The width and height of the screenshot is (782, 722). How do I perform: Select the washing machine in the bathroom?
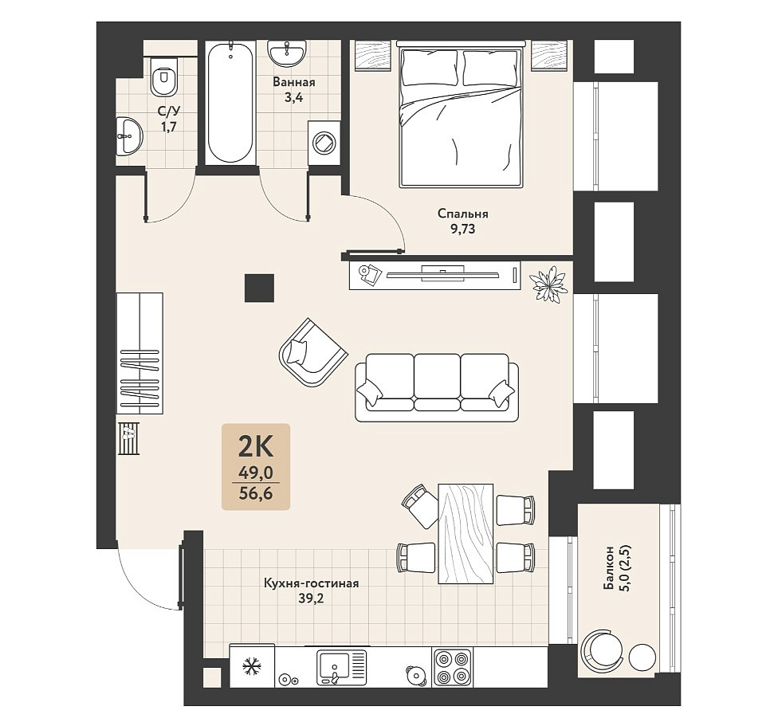324,142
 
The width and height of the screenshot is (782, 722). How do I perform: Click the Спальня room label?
462,214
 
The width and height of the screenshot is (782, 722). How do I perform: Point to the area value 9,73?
462,229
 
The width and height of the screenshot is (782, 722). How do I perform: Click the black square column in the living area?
259,288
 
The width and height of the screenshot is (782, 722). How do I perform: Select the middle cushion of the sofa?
437,382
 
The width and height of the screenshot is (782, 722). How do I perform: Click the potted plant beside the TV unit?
548,284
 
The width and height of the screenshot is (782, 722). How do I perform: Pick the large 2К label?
256,446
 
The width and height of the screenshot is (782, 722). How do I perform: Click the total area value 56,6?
256,493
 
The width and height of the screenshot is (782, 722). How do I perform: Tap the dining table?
466,533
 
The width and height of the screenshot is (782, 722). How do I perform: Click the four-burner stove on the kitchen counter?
452,668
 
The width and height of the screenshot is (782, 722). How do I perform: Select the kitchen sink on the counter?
342,667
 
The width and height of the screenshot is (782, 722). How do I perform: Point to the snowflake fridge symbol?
252,668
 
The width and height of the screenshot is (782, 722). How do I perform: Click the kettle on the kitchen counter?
415,674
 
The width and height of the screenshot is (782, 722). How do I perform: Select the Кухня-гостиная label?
311,583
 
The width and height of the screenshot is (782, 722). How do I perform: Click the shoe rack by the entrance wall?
128,438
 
